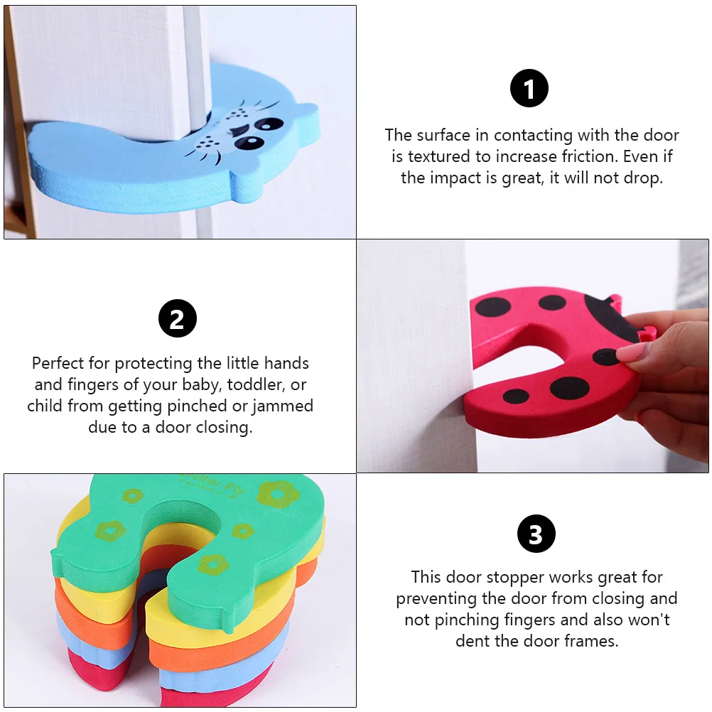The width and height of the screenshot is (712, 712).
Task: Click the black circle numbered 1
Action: pyautogui.click(x=529, y=89)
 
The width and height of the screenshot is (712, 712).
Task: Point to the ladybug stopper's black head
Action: pyautogui.click(x=609, y=316)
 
